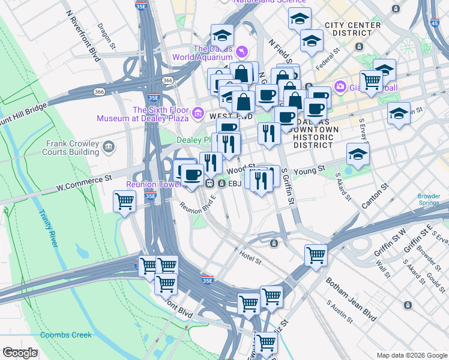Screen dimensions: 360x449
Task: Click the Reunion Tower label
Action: coord(153,184)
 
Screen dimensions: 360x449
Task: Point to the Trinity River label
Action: coord(49,228)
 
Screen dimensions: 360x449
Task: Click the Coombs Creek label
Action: coord(66,335)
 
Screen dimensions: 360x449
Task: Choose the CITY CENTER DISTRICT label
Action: coord(352,29)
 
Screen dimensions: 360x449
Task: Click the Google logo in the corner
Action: coord(20,353)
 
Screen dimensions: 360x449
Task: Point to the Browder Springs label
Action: coord(429,199)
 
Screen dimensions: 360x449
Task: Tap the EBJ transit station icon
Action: coord(211,183)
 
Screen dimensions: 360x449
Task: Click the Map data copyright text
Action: coord(411,355)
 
